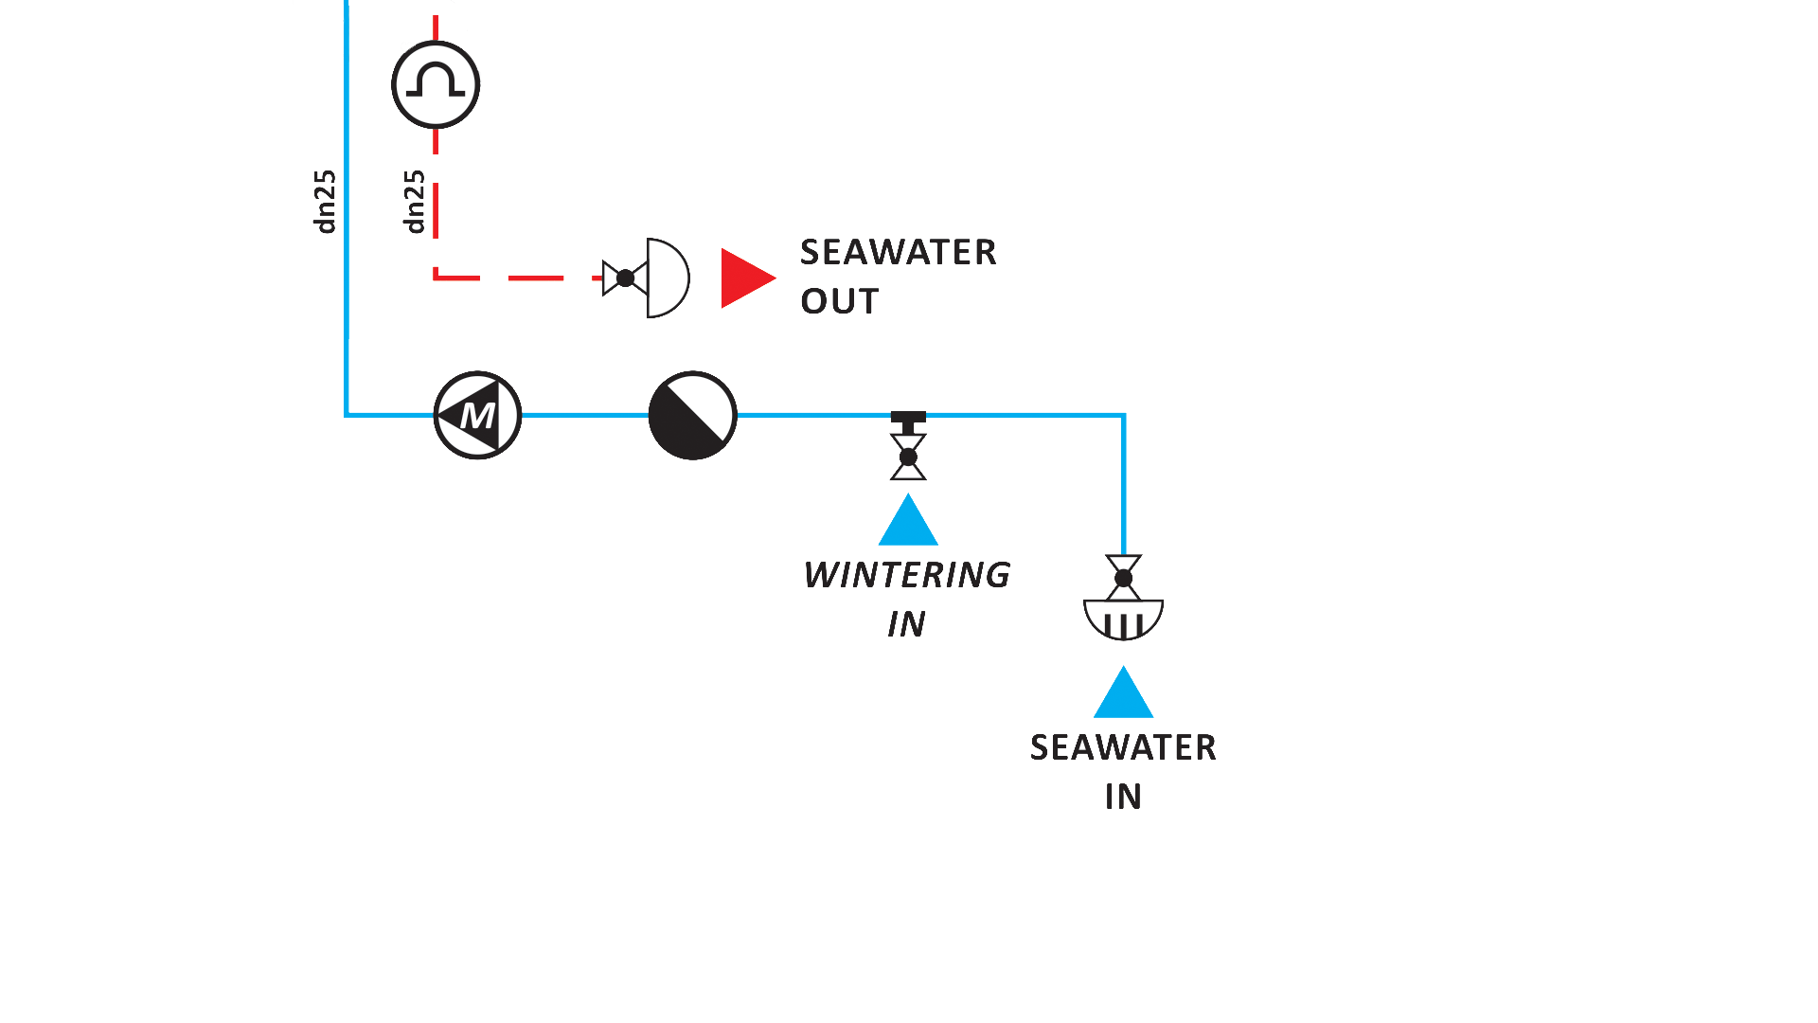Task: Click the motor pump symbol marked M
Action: [x=477, y=415]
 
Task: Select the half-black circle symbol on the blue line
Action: [x=692, y=415]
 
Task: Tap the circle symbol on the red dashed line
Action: [x=436, y=84]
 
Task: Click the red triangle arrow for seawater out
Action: [x=746, y=278]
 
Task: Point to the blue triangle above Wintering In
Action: [x=908, y=522]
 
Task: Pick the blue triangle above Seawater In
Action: [x=1123, y=694]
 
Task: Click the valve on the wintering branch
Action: [x=908, y=458]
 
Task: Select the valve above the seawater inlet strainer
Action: [x=1123, y=577]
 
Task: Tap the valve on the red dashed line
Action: [x=624, y=278]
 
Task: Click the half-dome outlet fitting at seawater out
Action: [x=667, y=278]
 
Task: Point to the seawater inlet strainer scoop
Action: [x=1123, y=619]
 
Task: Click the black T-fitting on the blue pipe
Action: [x=908, y=418]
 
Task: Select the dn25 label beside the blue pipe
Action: [x=325, y=201]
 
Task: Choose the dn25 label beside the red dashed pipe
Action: [x=415, y=201]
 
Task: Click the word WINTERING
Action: [x=906, y=575]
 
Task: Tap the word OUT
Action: [x=839, y=301]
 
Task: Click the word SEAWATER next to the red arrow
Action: [x=898, y=252]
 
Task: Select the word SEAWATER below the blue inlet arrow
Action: [x=1123, y=747]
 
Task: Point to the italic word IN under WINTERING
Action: [x=906, y=624]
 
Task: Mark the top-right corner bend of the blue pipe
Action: [x=1123, y=415]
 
